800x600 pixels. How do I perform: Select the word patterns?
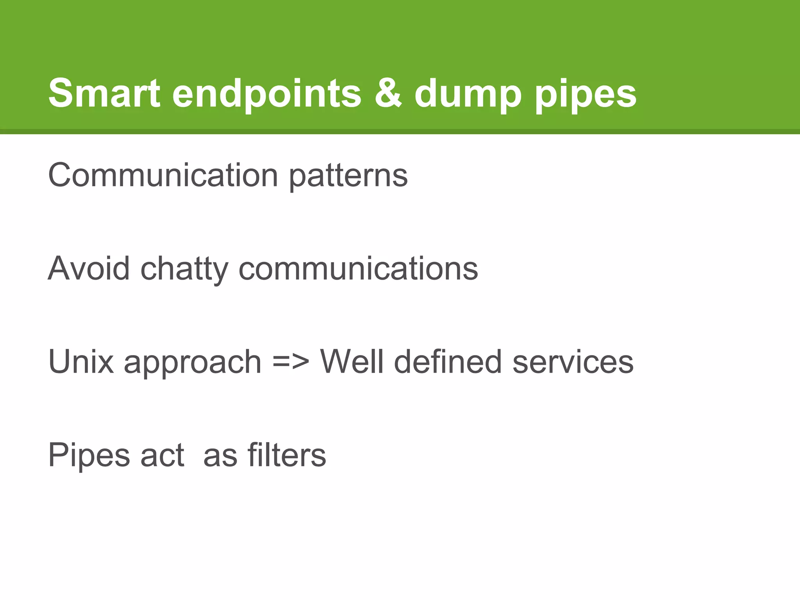[348, 176]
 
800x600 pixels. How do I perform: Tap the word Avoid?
[89, 268]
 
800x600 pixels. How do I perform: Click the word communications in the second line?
[358, 268]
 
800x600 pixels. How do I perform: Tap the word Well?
[352, 362]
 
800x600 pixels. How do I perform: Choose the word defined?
[448, 362]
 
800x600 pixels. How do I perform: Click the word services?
[573, 362]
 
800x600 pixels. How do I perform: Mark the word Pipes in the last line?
[89, 455]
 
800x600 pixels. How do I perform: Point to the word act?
[162, 455]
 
